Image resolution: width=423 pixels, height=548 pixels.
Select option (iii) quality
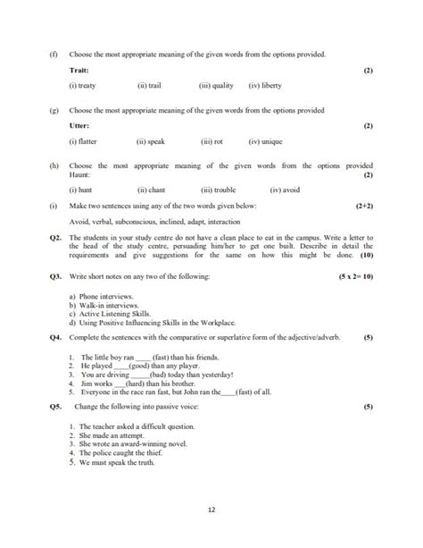click(216, 87)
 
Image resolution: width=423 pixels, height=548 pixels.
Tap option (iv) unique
click(266, 142)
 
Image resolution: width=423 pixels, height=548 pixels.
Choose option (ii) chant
click(153, 190)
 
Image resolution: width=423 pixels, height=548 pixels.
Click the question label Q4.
click(55, 339)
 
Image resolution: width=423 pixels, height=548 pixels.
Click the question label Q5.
click(55, 408)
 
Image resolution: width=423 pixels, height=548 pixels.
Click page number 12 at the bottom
click(211, 510)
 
